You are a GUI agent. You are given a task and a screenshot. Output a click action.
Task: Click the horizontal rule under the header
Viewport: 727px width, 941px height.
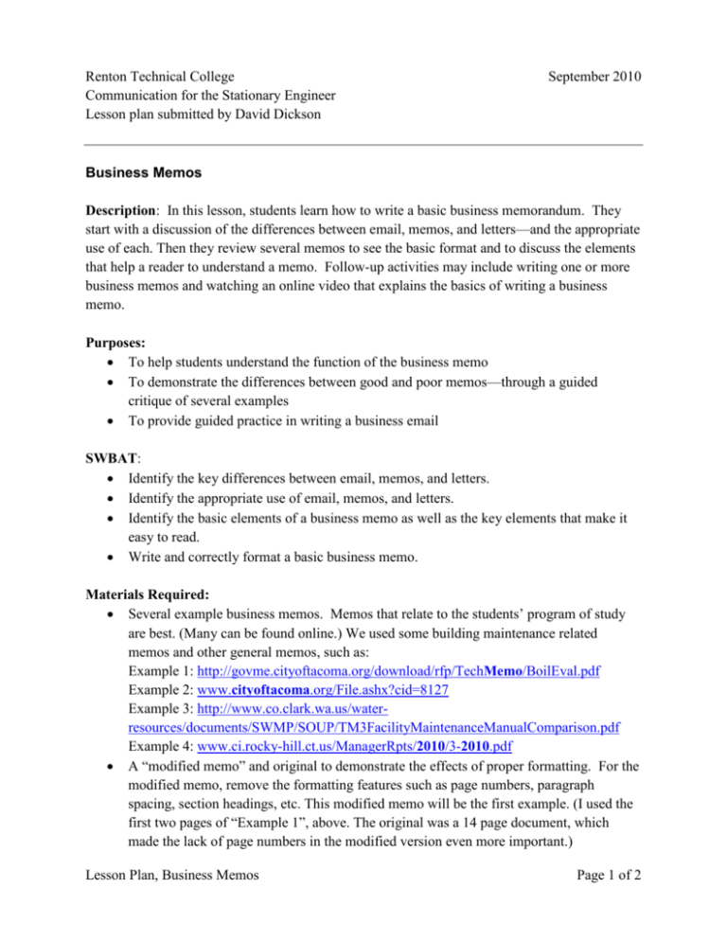tap(363, 144)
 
